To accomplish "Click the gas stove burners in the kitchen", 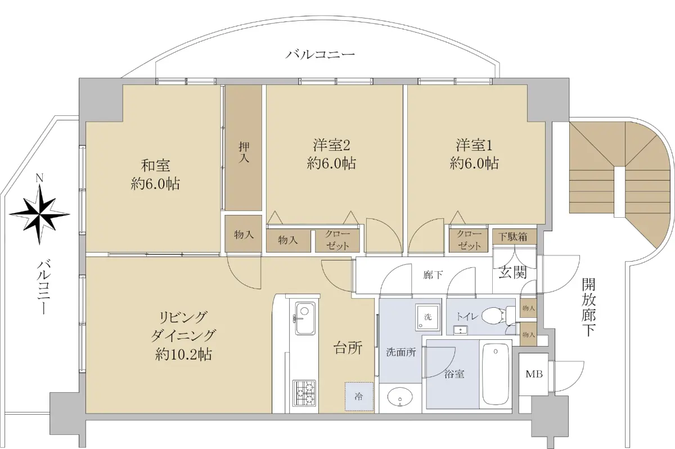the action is tap(304, 393).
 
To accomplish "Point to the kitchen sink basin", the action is tap(305, 318).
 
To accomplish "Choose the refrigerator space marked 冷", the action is tap(359, 397).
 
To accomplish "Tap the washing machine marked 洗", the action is tap(427, 316).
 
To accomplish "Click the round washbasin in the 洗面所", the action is tap(400, 397).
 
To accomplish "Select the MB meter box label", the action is tap(534, 374).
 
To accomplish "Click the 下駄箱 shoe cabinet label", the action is tap(512, 237).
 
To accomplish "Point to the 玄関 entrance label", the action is tap(512, 273).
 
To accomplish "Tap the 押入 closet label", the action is tap(244, 152).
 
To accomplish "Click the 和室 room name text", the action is tap(155, 166).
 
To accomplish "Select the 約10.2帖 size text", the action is tap(183, 354).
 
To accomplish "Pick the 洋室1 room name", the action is tap(474, 145).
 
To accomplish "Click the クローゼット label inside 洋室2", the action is tap(337, 240).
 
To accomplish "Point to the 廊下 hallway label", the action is tap(433, 275).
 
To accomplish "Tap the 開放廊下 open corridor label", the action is tap(588, 307).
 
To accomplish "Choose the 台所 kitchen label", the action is tap(348, 348).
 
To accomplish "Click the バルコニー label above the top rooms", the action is tap(320, 55).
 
